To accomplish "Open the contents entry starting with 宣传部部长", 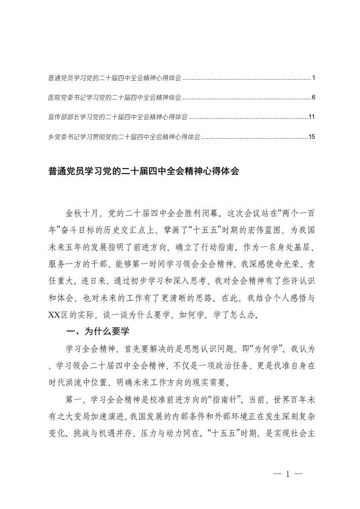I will tap(117, 117).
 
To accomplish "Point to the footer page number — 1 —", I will tap(288, 474).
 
